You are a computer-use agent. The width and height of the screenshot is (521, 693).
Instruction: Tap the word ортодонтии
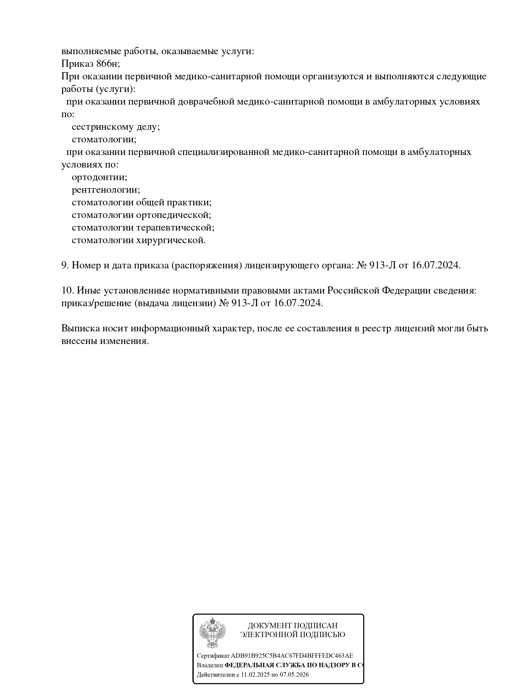99,177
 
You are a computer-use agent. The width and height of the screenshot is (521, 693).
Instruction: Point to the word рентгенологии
106,190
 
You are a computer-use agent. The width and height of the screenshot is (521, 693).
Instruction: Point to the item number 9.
65,265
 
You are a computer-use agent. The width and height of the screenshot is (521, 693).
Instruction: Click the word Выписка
80,328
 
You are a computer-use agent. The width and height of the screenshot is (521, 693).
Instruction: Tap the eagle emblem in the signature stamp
212,633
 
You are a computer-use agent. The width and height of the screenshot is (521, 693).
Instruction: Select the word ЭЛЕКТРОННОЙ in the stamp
266,635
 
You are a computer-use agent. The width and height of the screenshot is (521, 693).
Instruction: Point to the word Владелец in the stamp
210,665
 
